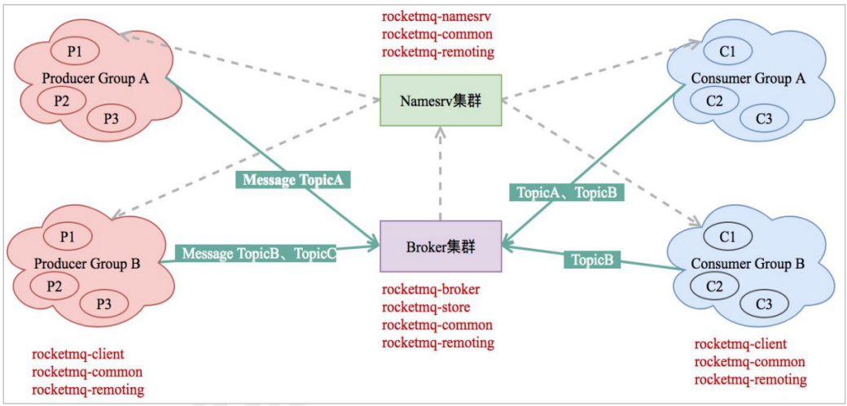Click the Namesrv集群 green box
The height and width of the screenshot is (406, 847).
coord(441,100)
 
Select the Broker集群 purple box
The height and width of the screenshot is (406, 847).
coord(441,247)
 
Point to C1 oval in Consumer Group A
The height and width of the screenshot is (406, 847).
coord(727,52)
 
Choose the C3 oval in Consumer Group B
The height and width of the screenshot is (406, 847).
coord(764,304)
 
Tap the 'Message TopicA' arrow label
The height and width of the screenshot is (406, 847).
coord(293,180)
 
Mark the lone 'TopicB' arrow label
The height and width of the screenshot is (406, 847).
coord(592,260)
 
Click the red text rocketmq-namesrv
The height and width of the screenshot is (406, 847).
coord(437,16)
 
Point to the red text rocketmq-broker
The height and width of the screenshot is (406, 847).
coord(431,290)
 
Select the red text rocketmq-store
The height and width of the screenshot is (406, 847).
coord(425,308)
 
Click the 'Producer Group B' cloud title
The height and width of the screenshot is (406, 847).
coord(87,264)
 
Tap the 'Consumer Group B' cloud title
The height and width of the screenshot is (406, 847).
coord(748,264)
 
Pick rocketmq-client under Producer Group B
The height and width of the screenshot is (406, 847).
coord(78,354)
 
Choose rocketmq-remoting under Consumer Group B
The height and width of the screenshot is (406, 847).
coord(750,379)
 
